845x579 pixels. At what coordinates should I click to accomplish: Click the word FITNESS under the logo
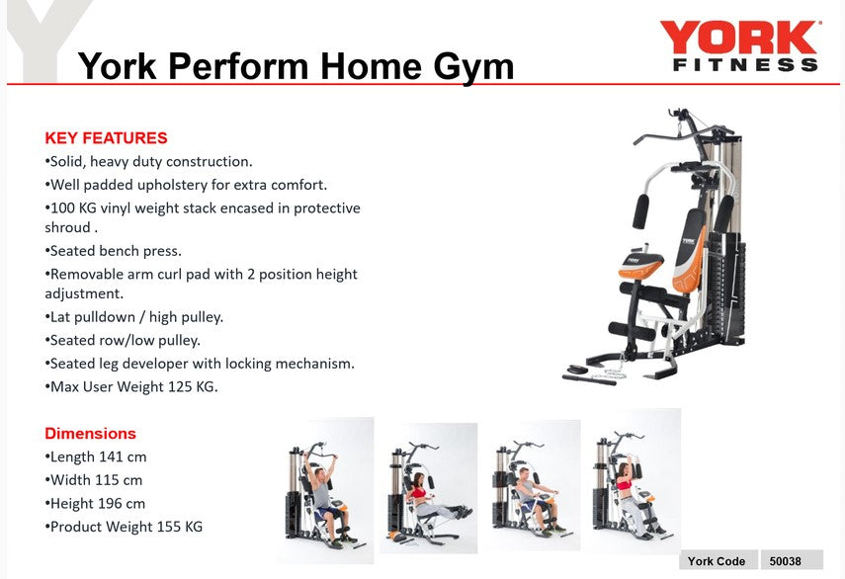(x=745, y=65)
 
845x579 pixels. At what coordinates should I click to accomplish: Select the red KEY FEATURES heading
(x=106, y=138)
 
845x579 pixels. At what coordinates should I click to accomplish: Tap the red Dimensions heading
(x=90, y=433)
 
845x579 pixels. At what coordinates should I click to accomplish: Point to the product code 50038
(x=786, y=561)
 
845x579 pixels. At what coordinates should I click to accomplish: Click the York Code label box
(x=717, y=561)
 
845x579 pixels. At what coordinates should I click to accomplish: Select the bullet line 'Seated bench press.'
(x=114, y=251)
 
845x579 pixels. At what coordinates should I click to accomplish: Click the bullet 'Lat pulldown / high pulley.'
(x=134, y=317)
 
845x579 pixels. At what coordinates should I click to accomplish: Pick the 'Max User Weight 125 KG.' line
(x=131, y=386)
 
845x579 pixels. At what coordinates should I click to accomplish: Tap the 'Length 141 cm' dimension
(x=96, y=456)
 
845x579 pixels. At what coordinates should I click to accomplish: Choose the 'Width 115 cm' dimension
(x=94, y=480)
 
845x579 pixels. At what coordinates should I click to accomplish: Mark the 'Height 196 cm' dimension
(x=96, y=503)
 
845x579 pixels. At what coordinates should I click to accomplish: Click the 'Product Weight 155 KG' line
(x=124, y=527)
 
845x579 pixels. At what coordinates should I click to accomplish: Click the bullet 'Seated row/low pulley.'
(x=123, y=340)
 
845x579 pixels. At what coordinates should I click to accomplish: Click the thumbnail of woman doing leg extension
(x=429, y=488)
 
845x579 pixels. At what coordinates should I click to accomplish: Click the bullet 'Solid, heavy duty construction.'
(x=149, y=161)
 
